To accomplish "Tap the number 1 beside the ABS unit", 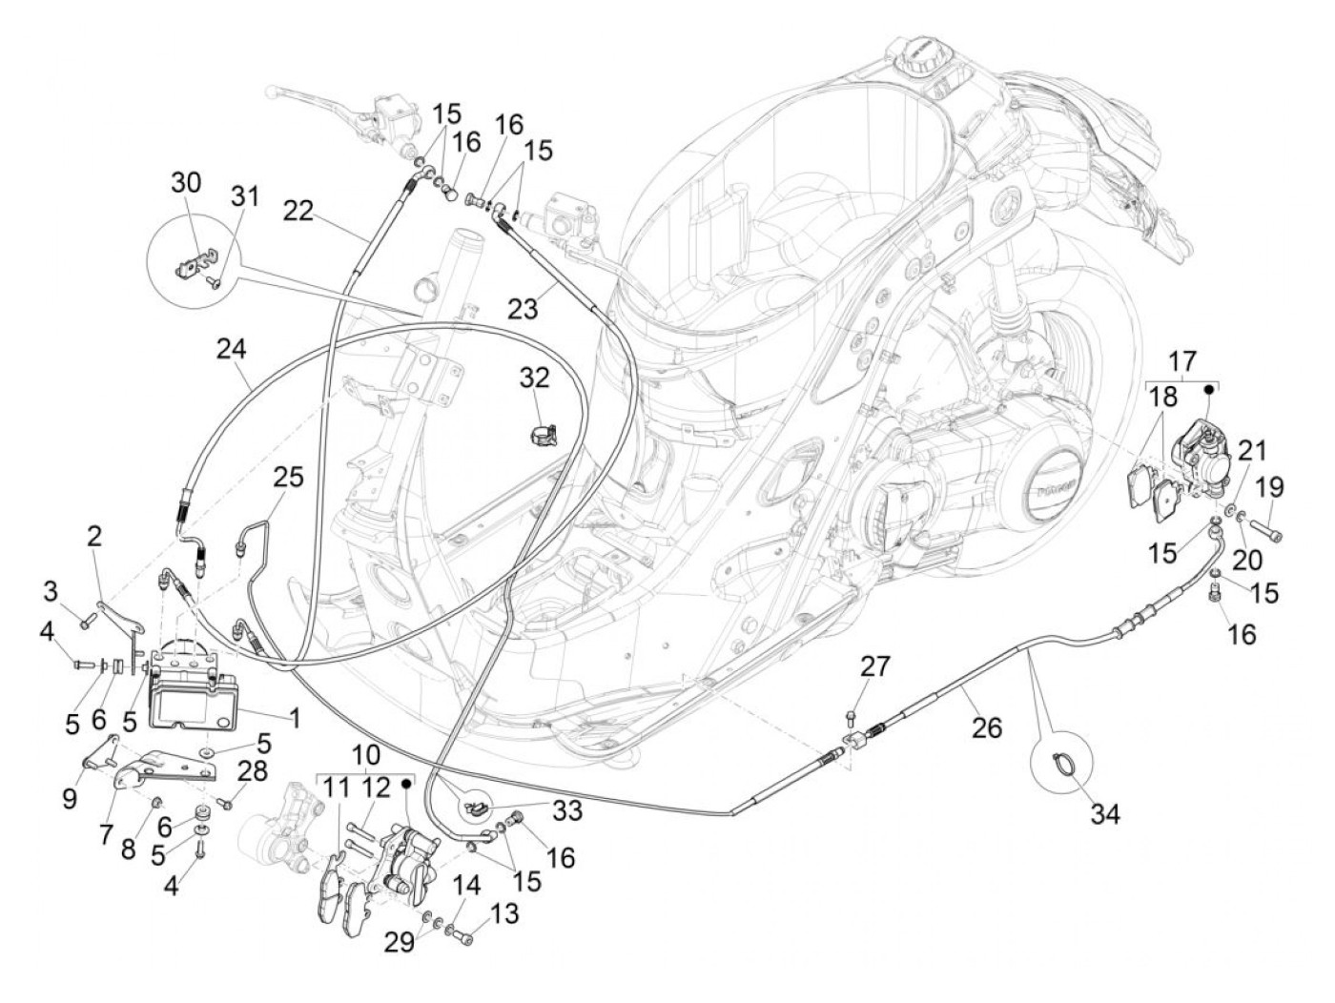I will tap(294, 714).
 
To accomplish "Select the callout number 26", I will tap(987, 727).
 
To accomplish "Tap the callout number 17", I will tap(1181, 362).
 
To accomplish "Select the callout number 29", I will tap(400, 943).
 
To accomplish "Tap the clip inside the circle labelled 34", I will tap(1064, 760).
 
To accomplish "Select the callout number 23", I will tap(524, 307).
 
